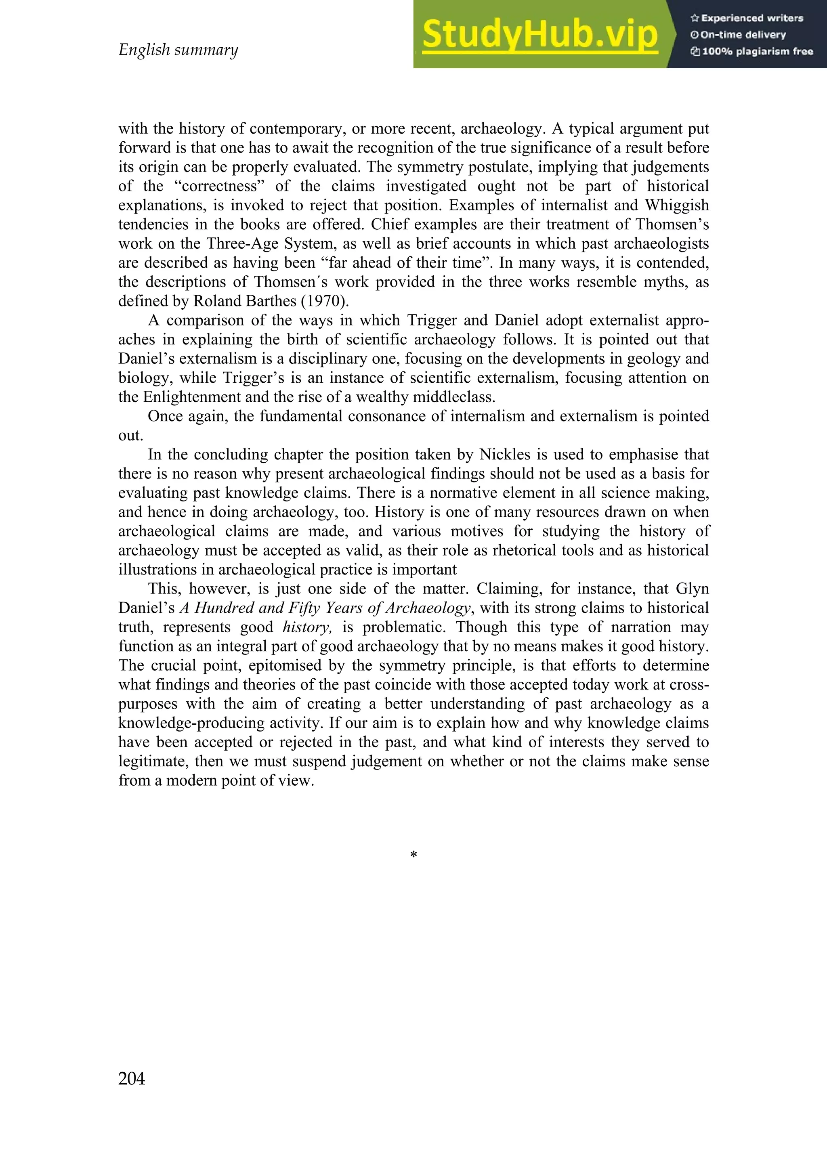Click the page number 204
point(132,1079)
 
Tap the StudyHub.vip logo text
point(539,35)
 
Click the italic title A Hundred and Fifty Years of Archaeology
point(325,608)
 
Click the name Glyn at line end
point(692,589)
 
